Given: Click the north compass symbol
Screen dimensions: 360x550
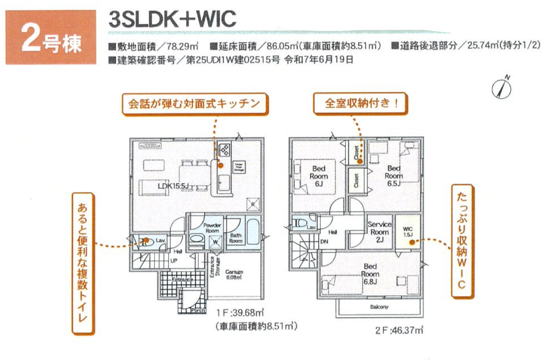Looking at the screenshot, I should (x=502, y=88).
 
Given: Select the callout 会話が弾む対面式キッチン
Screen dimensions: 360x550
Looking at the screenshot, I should (x=196, y=103).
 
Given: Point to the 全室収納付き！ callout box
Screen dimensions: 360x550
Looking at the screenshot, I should (x=361, y=103).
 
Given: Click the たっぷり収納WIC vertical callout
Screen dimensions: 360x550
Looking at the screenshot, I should (x=462, y=240).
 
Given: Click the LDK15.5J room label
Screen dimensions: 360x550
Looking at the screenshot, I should (x=173, y=186).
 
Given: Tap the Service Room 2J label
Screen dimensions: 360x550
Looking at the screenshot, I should (x=379, y=232).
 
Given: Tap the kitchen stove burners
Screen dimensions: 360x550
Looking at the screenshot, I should (x=224, y=150).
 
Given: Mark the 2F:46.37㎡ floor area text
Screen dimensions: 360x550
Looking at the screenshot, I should (x=399, y=330).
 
